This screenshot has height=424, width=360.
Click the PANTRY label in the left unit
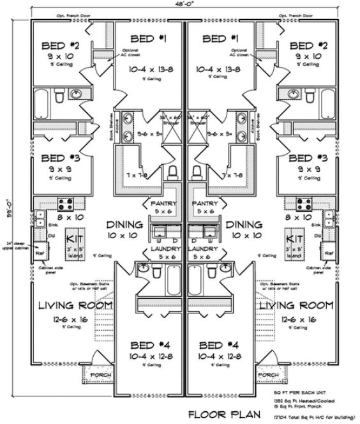click(x=163, y=203)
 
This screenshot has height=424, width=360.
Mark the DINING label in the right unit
click(x=244, y=225)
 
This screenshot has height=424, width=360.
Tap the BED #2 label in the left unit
click(x=61, y=45)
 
